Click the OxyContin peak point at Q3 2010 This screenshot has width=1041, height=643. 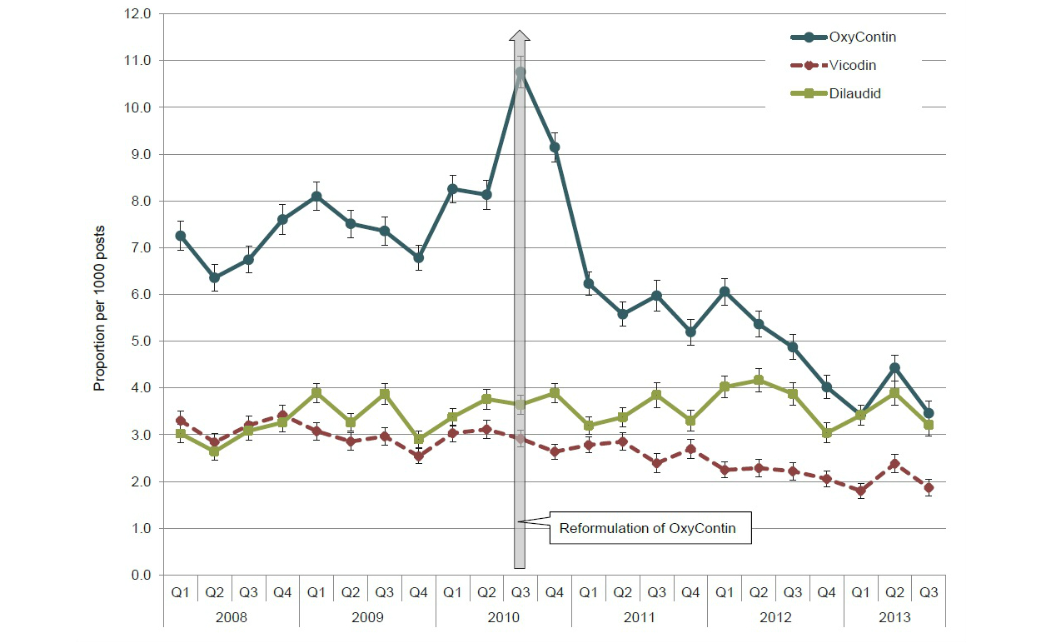[520, 72]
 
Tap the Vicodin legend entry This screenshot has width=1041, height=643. [853, 65]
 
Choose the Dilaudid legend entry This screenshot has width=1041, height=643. [855, 93]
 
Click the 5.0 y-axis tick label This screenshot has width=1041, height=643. [141, 341]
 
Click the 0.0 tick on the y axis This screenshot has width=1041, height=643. [141, 575]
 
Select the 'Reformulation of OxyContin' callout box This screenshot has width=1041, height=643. [648, 528]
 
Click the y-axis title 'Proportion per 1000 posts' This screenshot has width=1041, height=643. [99, 295]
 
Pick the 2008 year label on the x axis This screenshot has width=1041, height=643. [231, 617]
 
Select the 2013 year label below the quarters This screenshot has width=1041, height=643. [894, 617]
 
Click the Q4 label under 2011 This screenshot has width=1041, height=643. [690, 593]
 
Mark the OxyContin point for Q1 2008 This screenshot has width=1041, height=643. [180, 236]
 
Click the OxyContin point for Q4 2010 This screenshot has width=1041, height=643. [555, 147]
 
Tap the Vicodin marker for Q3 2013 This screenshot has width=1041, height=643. [929, 488]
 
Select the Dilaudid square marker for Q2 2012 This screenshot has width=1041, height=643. [759, 381]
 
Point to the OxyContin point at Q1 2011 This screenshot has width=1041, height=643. [589, 283]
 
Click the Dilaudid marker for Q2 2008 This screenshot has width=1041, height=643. [214, 451]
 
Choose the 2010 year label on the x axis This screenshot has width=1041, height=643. [503, 617]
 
